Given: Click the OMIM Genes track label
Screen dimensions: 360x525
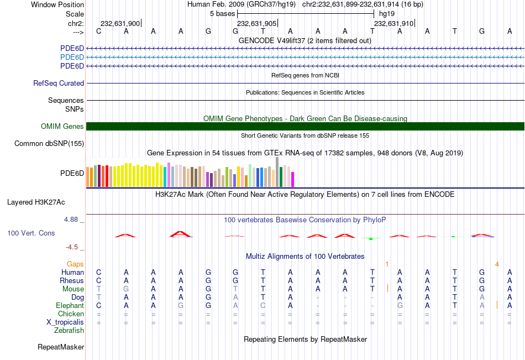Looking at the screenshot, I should tap(62, 127).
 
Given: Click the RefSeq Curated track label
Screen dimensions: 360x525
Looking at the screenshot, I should tap(59, 84).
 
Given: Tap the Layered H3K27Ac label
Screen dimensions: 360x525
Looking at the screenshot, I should tap(36, 202).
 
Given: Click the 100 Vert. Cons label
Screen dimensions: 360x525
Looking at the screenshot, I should tap(31, 233).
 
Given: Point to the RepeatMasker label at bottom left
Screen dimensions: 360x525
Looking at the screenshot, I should tap(61, 347).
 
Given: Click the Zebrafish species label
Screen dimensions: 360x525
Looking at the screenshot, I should tap(69, 331).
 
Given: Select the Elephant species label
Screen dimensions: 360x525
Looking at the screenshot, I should tap(70, 306).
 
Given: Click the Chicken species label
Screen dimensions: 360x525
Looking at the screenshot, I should tap(71, 314).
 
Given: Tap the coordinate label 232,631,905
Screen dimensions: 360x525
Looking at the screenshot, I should tap(256, 24).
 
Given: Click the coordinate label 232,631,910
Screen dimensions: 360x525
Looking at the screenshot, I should tap(393, 24).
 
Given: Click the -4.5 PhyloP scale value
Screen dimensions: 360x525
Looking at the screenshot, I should tap(74, 247).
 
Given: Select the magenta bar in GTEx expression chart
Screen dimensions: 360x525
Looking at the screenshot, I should tap(292, 179).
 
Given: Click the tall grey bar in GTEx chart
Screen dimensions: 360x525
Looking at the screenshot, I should tap(277, 171).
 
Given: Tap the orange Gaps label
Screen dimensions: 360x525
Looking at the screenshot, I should tap(75, 264).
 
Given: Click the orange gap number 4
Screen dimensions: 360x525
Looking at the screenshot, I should tap(497, 264).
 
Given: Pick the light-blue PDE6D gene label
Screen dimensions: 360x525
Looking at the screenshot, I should tap(72, 58).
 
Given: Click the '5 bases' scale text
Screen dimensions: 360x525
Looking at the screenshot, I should tap(222, 14).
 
